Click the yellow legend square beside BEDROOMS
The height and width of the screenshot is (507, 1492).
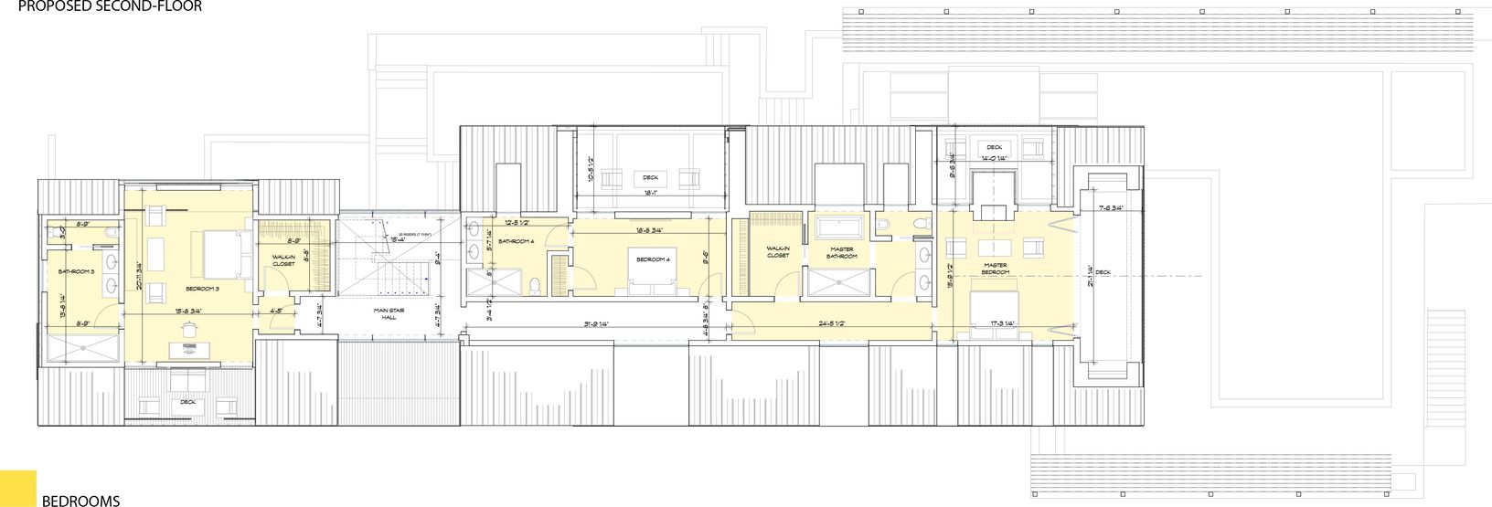click(17, 488)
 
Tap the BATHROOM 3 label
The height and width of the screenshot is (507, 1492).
click(77, 271)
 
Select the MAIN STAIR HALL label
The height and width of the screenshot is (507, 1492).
click(389, 314)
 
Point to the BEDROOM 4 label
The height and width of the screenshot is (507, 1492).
click(654, 260)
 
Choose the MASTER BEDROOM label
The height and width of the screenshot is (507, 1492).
click(995, 269)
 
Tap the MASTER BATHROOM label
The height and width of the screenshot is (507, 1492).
click(842, 252)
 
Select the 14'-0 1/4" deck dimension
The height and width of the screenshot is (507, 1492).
click(994, 158)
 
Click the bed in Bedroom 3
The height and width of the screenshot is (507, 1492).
click(218, 253)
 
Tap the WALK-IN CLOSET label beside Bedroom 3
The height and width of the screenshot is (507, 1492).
click(284, 260)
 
